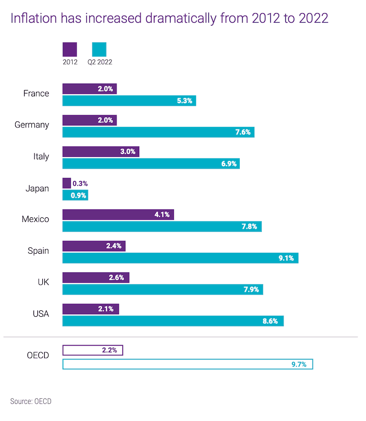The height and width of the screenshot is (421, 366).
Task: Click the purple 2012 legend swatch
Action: point(70,50)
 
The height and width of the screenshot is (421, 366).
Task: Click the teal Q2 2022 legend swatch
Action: point(99,50)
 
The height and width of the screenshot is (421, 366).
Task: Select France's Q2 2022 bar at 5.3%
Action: point(129,101)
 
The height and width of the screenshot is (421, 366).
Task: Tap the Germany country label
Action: point(32,125)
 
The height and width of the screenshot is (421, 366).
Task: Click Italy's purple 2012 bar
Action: point(101,151)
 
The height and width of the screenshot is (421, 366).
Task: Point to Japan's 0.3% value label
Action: point(80,183)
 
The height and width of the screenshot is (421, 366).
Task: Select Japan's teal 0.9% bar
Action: point(75,195)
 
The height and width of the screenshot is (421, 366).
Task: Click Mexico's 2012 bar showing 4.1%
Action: point(118,214)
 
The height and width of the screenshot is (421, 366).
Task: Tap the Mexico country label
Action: point(35,219)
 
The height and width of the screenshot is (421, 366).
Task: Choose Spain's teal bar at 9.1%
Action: point(180,258)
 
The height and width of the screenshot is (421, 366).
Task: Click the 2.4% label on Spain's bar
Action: point(114,246)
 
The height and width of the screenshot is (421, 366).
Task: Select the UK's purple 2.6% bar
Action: point(96,277)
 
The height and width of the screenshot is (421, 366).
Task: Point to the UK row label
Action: point(41,282)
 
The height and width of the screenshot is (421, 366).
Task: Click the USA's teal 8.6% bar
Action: point(173,321)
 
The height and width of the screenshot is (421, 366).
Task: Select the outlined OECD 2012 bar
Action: point(93,350)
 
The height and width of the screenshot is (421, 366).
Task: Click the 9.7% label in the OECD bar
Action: point(299,364)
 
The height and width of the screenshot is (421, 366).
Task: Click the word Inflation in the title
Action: point(32,19)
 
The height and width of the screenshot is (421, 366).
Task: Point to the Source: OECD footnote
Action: point(30,401)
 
